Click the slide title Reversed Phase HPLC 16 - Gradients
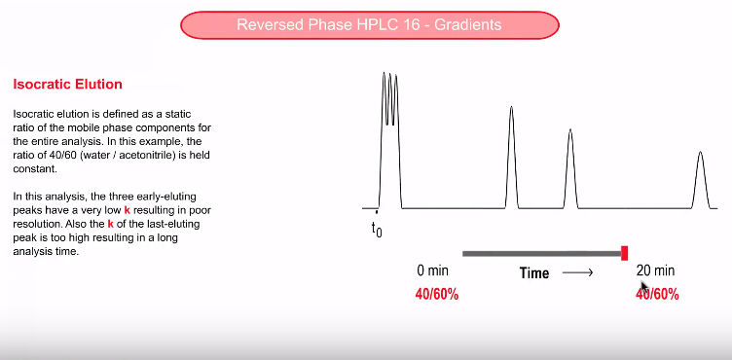click(369, 24)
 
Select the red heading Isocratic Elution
click(67, 85)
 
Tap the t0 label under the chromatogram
click(377, 230)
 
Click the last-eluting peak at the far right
click(700, 180)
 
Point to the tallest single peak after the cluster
click(511, 156)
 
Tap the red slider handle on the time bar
click(624, 253)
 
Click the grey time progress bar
click(540, 254)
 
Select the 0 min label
click(432, 270)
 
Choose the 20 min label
click(655, 270)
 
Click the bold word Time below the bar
click(534, 273)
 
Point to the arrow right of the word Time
click(577, 273)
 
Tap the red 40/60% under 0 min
click(437, 294)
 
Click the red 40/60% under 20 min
click(657, 294)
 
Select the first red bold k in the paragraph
click(128, 210)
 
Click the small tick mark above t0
click(377, 210)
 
